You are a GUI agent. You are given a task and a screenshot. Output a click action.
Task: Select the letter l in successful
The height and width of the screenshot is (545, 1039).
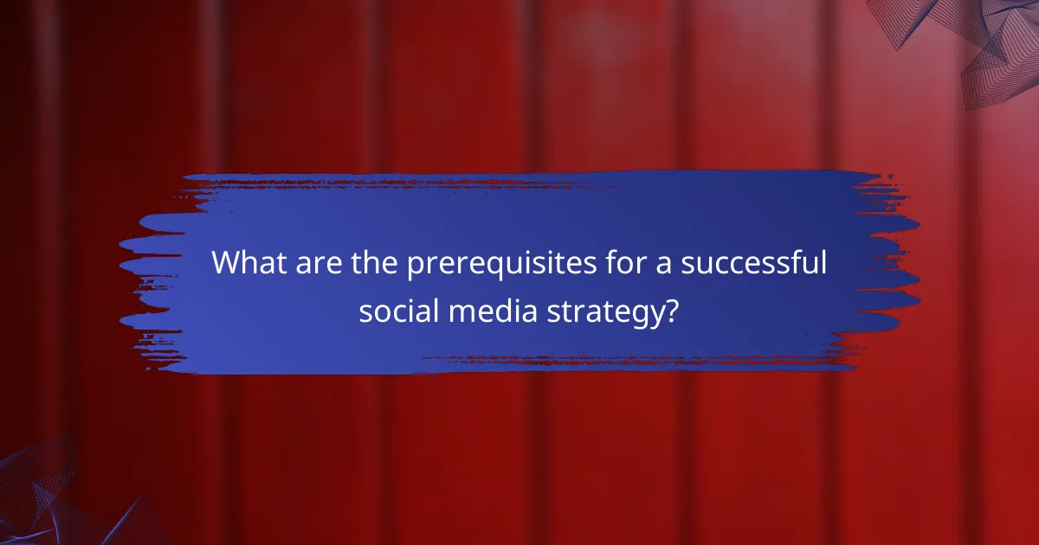(823, 262)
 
